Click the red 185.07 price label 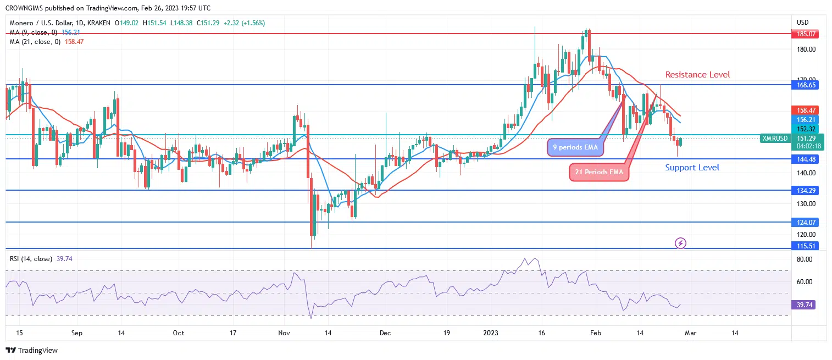pyautogui.click(x=806, y=34)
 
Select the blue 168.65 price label pyautogui.click(x=806, y=85)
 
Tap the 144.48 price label pyautogui.click(x=806, y=159)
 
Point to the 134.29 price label pyautogui.click(x=806, y=191)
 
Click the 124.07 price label pyautogui.click(x=806, y=223)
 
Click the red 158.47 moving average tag pyautogui.click(x=806, y=110)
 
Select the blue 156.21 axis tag pyautogui.click(x=806, y=119)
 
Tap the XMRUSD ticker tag pyautogui.click(x=774, y=139)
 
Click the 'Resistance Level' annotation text pyautogui.click(x=697, y=74)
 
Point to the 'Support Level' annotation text pyautogui.click(x=692, y=168)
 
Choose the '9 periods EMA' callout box pyautogui.click(x=574, y=147)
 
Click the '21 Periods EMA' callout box pyautogui.click(x=599, y=172)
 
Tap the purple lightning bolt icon pyautogui.click(x=680, y=243)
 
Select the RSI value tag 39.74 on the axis pyautogui.click(x=806, y=304)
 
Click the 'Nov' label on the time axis pyautogui.click(x=284, y=333)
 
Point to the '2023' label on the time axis pyautogui.click(x=490, y=333)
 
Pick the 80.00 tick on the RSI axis pyautogui.click(x=805, y=259)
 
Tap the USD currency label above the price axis pyautogui.click(x=802, y=23)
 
